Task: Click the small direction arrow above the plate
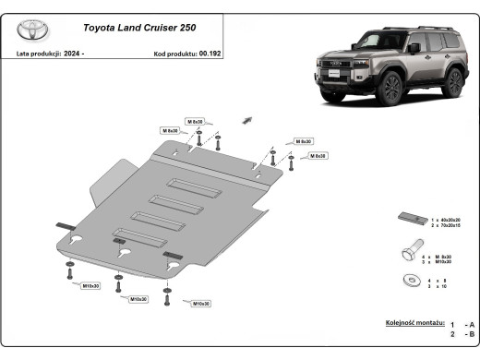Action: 246,119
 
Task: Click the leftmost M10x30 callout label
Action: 90,286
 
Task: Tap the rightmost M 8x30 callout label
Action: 316,156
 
